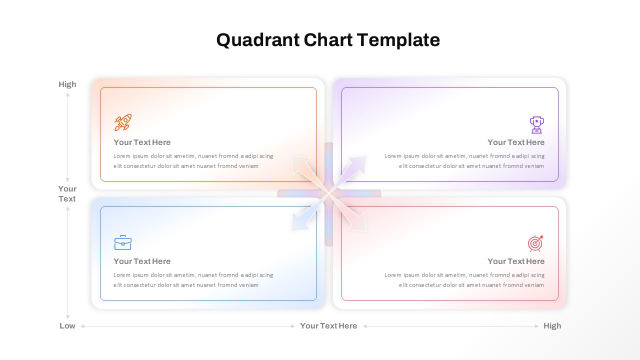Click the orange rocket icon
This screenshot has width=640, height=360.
click(x=123, y=122)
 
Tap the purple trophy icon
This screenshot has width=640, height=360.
click(x=536, y=125)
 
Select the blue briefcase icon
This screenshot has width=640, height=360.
click(x=123, y=242)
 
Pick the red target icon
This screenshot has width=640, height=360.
click(x=535, y=243)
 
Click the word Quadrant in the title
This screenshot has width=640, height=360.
click(x=258, y=40)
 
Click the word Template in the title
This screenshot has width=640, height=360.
click(x=398, y=40)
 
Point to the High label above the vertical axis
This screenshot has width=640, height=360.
click(x=67, y=84)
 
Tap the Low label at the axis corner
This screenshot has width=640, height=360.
click(x=67, y=325)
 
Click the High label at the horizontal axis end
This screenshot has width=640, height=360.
click(x=552, y=325)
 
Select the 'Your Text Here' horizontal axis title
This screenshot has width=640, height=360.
click(x=328, y=325)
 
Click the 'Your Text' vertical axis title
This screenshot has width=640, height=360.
click(x=67, y=193)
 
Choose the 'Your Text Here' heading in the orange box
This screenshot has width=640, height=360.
click(x=142, y=142)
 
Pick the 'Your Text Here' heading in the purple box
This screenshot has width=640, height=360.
click(x=516, y=142)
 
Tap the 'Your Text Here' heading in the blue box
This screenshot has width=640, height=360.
click(x=142, y=261)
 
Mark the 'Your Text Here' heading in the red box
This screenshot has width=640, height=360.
click(x=516, y=261)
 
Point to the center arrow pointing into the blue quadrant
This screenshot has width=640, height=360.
click(x=308, y=213)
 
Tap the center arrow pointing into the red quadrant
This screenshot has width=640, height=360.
click(x=348, y=213)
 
